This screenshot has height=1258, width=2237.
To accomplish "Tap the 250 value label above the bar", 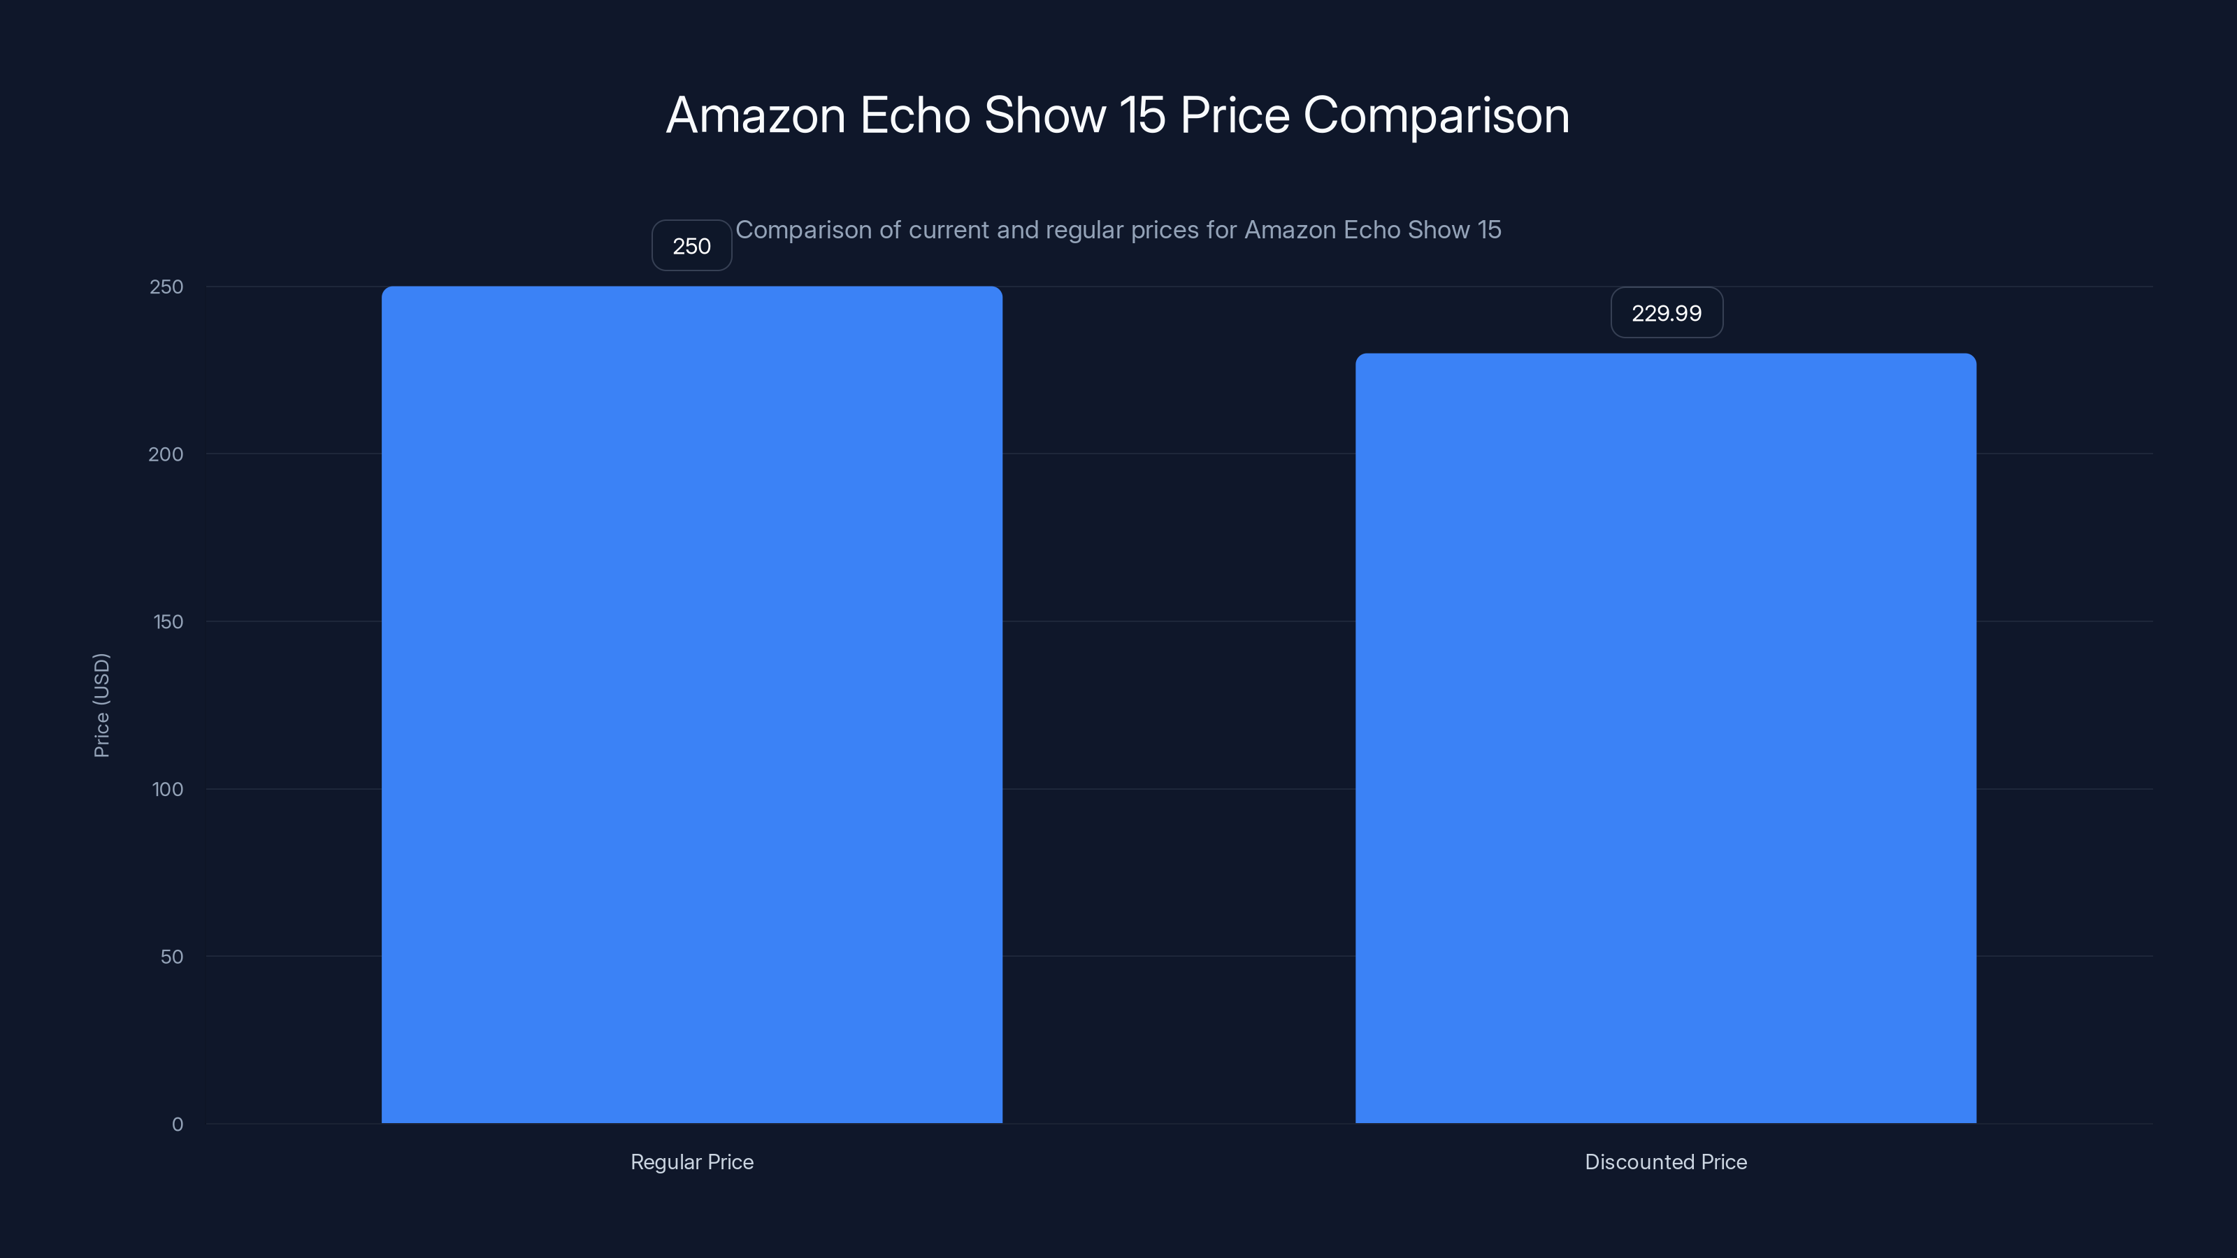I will (x=691, y=246).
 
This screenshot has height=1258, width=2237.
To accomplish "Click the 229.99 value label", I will (x=1666, y=312).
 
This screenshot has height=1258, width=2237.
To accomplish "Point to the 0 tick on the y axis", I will (x=177, y=1125).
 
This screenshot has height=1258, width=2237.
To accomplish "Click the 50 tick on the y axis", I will (x=172, y=957).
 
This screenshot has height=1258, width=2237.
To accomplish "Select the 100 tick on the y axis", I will (x=168, y=789).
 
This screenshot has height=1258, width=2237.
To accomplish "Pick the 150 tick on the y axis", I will (x=168, y=621).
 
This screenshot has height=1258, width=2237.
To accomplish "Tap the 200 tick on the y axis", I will (x=166, y=454).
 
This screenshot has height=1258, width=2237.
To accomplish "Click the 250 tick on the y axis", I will (x=166, y=287).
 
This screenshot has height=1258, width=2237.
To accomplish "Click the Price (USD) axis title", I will (x=101, y=705).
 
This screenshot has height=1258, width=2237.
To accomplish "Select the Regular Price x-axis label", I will (x=691, y=1162).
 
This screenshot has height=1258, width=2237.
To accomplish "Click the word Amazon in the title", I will (x=756, y=115).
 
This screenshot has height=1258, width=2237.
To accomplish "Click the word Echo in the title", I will (x=914, y=115).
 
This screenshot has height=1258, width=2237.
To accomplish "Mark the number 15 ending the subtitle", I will (x=1488, y=230).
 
